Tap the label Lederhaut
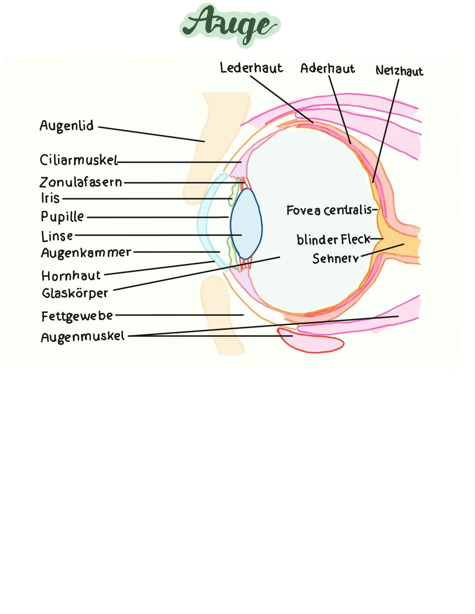251,68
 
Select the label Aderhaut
327,69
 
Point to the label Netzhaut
399,71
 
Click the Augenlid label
66,126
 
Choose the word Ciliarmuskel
79,160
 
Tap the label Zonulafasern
81,182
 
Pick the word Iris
50,198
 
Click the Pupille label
62,216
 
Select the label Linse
57,236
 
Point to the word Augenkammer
86,252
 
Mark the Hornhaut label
71,276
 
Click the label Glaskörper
75,293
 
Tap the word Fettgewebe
77,316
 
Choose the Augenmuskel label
83,337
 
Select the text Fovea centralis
329,210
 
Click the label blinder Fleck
333,240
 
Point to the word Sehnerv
336,258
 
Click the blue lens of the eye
246,223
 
